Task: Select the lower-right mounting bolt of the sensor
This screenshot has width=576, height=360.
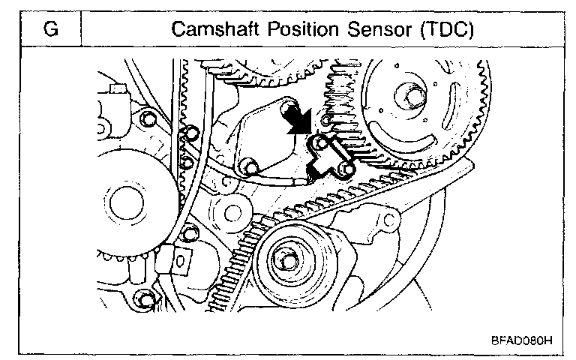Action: coord(344,172)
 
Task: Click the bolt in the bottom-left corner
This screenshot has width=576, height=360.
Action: coord(146,302)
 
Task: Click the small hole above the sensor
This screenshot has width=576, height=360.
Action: coord(325,120)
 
